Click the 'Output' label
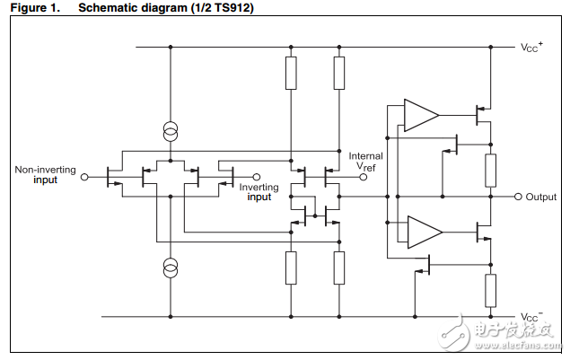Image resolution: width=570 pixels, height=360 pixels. (x=541, y=197)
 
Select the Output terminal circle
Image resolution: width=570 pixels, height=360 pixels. (x=518, y=197)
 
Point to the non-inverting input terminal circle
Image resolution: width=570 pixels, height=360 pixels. (x=85, y=178)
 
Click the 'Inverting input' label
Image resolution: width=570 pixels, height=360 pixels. (x=259, y=192)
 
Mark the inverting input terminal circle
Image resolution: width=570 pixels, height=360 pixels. (x=257, y=178)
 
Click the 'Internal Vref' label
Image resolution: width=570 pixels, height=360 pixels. (x=365, y=162)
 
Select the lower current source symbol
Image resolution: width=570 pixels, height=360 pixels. (x=170, y=267)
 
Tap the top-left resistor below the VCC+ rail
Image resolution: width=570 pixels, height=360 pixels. (x=291, y=73)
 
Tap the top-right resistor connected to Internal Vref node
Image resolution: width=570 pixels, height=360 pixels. (x=338, y=73)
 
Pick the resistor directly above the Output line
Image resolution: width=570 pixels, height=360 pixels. (x=491, y=169)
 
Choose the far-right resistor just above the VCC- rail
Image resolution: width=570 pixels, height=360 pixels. (x=491, y=291)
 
